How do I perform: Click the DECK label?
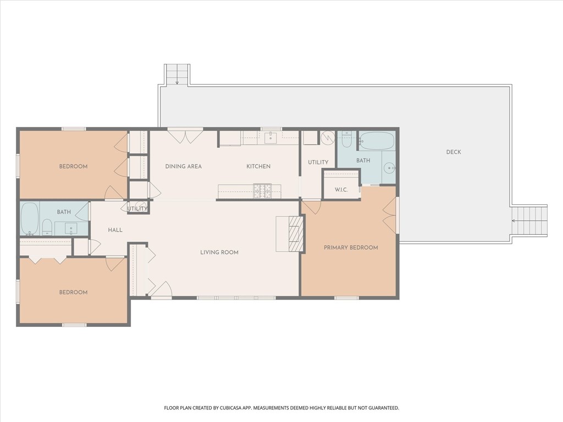pos(454,152)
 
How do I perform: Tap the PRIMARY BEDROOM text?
pos(351,248)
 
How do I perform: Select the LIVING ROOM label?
pos(219,253)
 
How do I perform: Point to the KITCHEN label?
pos(258,166)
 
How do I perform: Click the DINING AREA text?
pos(183,166)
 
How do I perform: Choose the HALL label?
pos(115,230)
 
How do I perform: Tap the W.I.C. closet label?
pos(341,190)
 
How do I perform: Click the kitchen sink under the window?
pos(271,138)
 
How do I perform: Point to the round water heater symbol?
pos(328,137)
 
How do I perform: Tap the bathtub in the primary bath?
pos(377,141)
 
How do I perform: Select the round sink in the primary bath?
pos(389,169)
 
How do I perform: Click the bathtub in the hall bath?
pos(29,219)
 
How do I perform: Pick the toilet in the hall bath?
pos(47,227)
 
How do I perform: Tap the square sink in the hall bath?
pos(70,227)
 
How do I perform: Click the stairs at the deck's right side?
pos(529,221)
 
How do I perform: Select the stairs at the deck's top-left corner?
pos(177,74)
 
